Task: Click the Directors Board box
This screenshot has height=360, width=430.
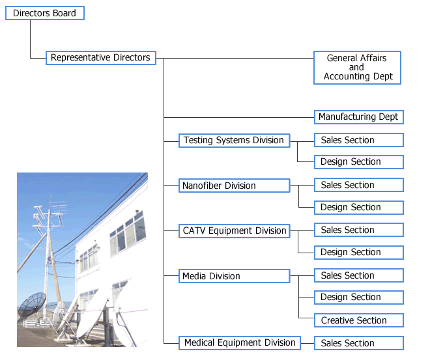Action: (x=44, y=13)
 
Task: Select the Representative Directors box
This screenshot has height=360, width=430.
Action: (x=101, y=58)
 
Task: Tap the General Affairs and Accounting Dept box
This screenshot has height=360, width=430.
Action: (x=357, y=67)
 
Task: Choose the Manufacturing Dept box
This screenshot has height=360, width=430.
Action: (x=358, y=117)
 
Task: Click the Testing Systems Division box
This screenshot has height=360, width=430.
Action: (x=234, y=140)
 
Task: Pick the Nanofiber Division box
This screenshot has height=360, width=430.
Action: (x=234, y=186)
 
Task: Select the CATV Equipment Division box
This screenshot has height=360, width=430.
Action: (x=234, y=230)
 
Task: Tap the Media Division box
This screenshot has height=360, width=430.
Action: (x=234, y=276)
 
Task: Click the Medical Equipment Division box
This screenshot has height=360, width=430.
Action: (x=239, y=342)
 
